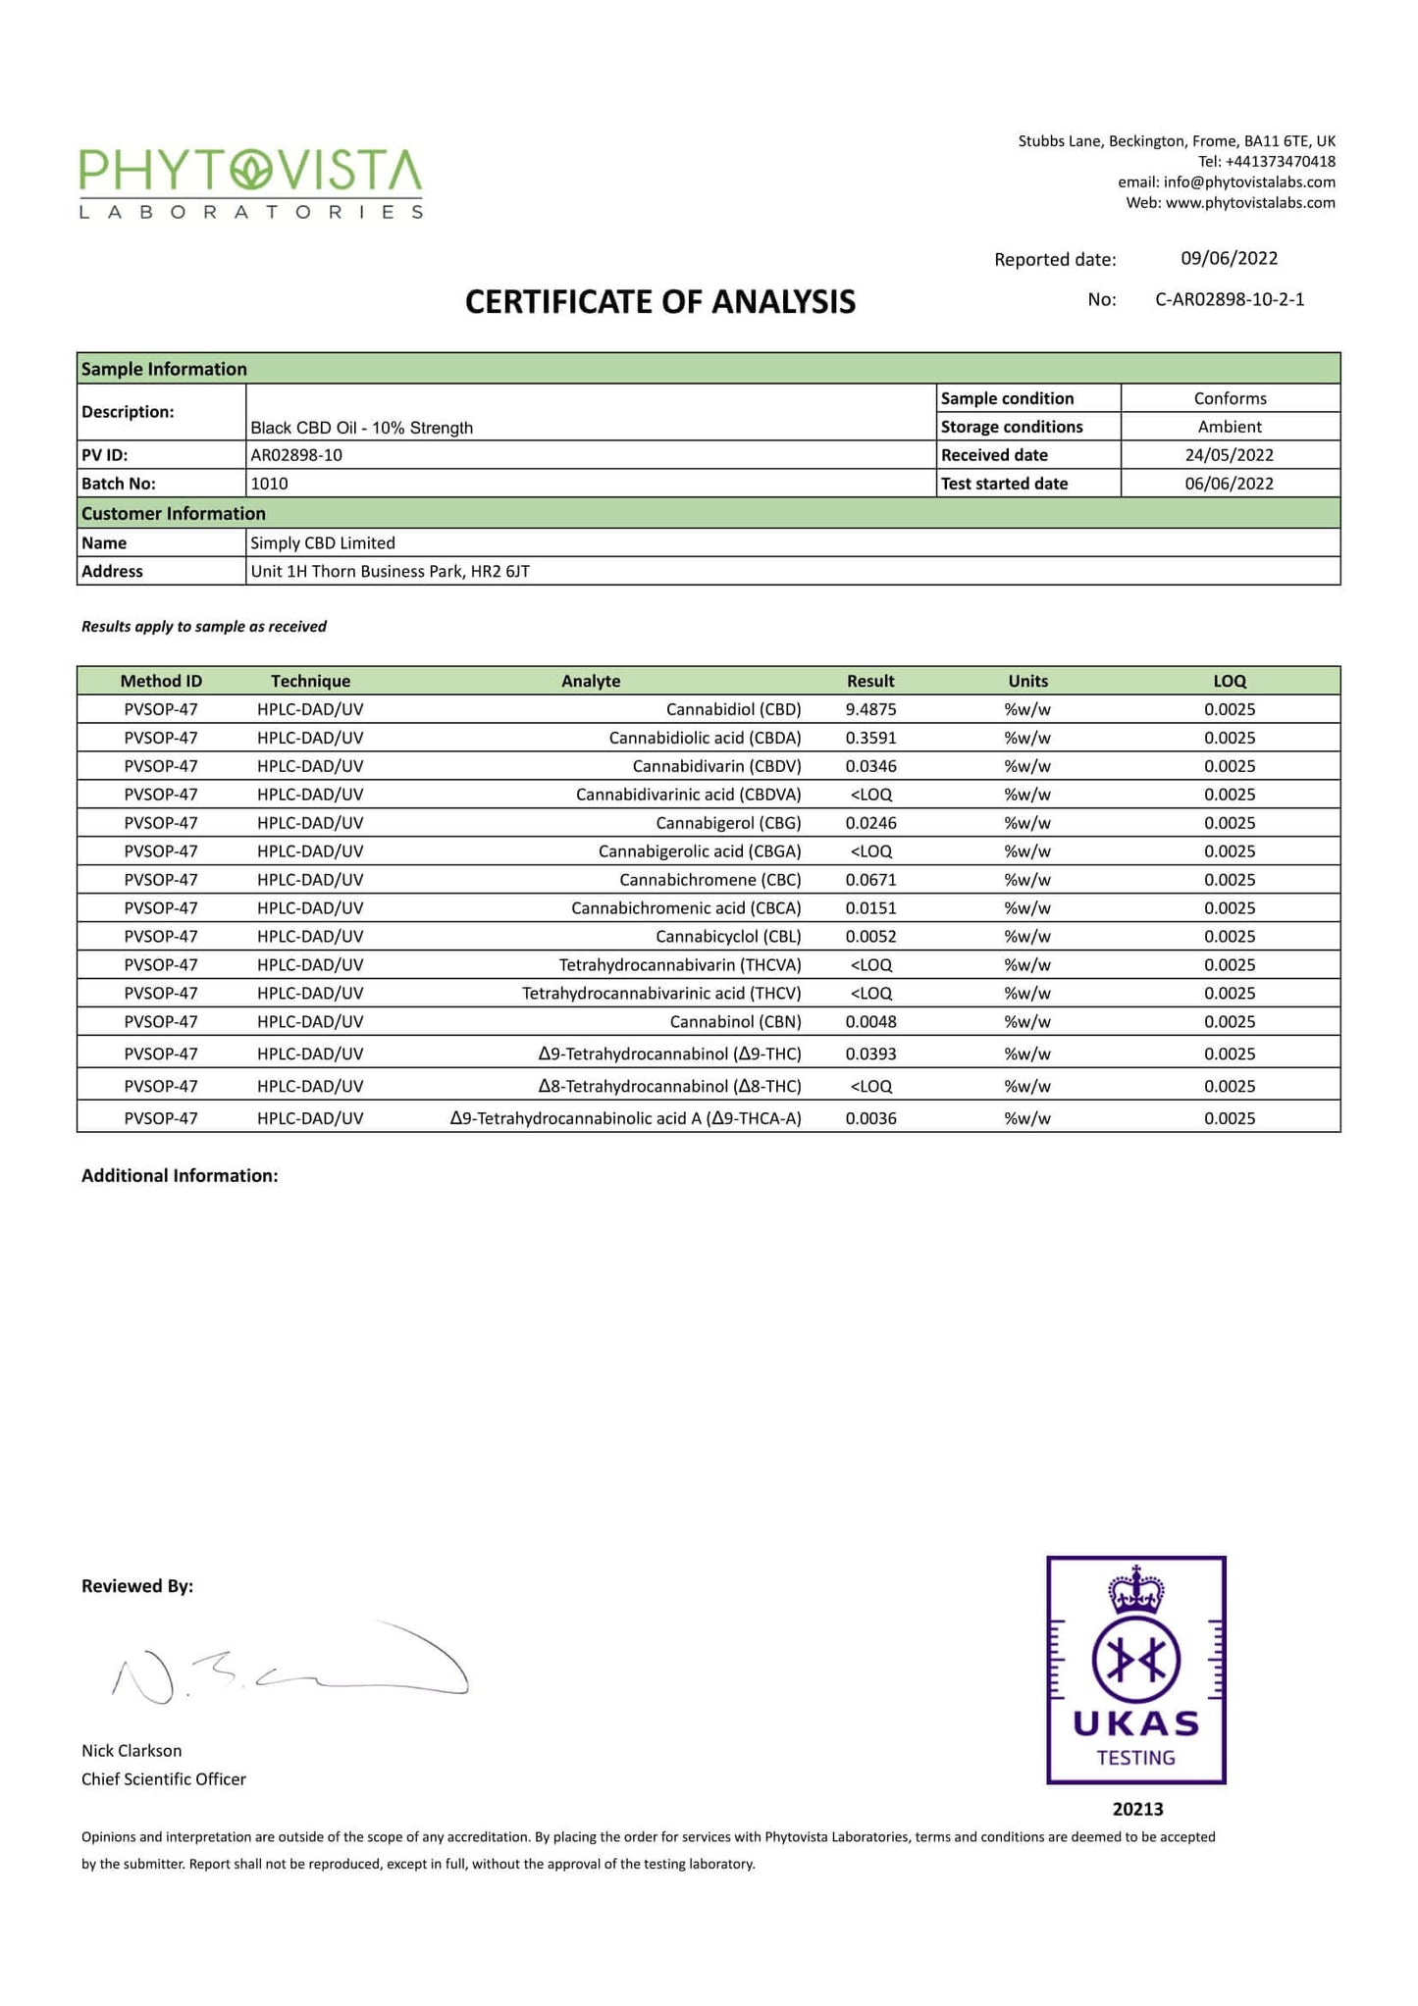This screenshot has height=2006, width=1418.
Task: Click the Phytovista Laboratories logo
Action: click(x=251, y=183)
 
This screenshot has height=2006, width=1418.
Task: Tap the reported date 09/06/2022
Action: click(x=1229, y=258)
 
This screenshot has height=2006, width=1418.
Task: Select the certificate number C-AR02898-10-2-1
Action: click(x=1230, y=299)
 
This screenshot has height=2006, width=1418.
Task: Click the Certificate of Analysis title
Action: click(x=659, y=302)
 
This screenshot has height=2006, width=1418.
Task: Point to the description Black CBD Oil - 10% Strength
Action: click(x=361, y=428)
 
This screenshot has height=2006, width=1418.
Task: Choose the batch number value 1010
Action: click(x=269, y=484)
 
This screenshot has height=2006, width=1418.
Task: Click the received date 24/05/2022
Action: click(x=1229, y=455)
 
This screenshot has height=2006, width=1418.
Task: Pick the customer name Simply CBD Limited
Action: click(x=323, y=542)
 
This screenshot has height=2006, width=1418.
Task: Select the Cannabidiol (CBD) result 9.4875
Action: click(x=870, y=709)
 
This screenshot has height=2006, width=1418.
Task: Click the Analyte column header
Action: click(x=590, y=681)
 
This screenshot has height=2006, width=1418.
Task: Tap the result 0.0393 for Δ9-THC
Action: click(x=870, y=1054)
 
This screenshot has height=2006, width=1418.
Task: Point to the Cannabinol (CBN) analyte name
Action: click(x=735, y=1022)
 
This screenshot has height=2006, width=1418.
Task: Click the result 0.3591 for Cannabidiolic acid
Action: click(x=870, y=738)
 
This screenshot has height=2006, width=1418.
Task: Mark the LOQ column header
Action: click(x=1229, y=681)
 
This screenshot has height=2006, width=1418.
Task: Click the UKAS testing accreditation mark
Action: click(x=1135, y=1669)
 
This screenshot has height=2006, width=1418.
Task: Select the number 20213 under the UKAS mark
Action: click(x=1137, y=1809)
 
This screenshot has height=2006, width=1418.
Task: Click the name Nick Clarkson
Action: click(x=131, y=1750)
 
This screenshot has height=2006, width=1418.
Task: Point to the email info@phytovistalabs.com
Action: click(x=1248, y=182)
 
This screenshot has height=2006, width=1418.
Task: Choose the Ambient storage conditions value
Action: click(x=1229, y=427)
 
